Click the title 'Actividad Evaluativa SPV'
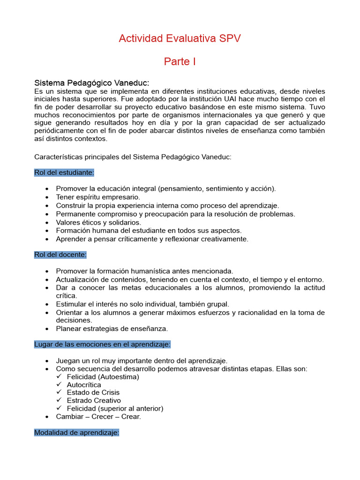click(180, 38)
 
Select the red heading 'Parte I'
click(180, 61)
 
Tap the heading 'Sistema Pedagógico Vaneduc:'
click(92, 83)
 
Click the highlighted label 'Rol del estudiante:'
click(64, 172)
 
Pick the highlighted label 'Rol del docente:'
click(60, 255)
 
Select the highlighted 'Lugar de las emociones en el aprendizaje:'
click(102, 345)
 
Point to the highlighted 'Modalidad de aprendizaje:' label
click(77, 433)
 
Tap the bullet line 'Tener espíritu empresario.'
click(98, 197)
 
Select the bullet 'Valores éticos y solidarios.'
click(98, 222)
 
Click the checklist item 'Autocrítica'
click(84, 384)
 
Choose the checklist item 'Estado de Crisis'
click(93, 392)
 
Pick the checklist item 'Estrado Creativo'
click(94, 400)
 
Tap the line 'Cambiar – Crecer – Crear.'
click(98, 416)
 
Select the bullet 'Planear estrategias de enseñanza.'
click(112, 329)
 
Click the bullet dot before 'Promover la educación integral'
click(47, 189)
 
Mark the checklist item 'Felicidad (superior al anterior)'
click(115, 408)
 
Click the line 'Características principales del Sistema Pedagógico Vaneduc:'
click(133, 157)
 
